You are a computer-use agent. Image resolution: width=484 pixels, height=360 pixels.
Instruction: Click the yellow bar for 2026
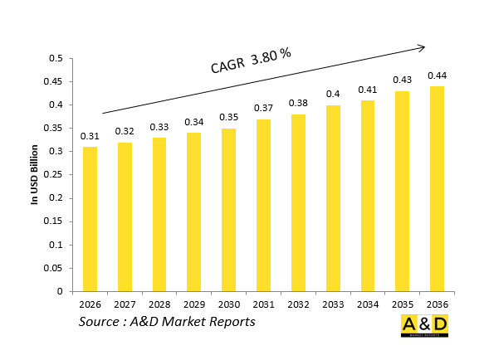(89, 219)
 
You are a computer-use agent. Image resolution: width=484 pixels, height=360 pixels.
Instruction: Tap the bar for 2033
(332, 198)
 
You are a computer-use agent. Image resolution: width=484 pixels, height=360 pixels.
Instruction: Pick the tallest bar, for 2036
(437, 188)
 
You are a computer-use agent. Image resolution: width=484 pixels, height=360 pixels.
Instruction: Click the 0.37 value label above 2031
(262, 108)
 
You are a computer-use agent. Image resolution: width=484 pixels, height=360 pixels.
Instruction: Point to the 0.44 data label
(437, 75)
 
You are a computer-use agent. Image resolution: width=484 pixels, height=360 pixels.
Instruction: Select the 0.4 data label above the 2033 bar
(332, 94)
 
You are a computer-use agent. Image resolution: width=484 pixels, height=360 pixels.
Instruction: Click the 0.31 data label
(89, 135)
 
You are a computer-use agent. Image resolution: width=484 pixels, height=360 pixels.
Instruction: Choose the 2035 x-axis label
(402, 304)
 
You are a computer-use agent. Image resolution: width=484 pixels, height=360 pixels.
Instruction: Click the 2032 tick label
(297, 304)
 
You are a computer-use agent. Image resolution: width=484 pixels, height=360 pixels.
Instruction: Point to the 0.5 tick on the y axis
(56, 59)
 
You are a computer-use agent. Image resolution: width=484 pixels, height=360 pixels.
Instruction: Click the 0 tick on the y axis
(61, 291)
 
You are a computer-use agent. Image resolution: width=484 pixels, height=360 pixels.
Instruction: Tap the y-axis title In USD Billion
(35, 175)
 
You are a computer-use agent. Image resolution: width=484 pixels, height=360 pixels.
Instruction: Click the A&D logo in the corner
(424, 326)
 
